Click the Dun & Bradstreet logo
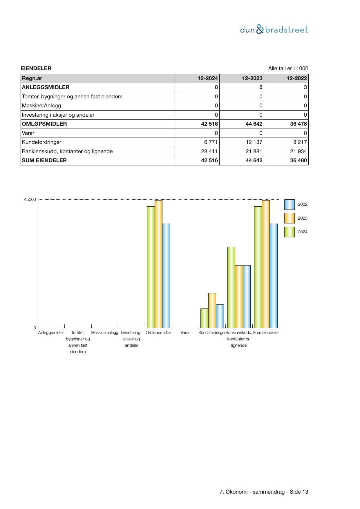[274, 30]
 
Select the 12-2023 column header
[252, 78]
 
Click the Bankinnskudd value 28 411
[209, 151]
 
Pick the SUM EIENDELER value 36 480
[299, 160]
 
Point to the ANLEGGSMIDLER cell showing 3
[305, 87]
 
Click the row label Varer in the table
[28, 133]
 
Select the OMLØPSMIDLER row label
[44, 124]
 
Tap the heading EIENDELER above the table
[36, 68]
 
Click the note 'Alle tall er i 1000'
[288, 68]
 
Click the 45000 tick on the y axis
[30, 200]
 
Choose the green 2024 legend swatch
[289, 232]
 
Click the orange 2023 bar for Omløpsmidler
[158, 264]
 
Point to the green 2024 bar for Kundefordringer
[204, 318]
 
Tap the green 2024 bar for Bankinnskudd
[231, 287]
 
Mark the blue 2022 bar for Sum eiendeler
[274, 276]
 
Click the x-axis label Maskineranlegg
[105, 333]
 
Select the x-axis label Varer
[185, 333]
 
